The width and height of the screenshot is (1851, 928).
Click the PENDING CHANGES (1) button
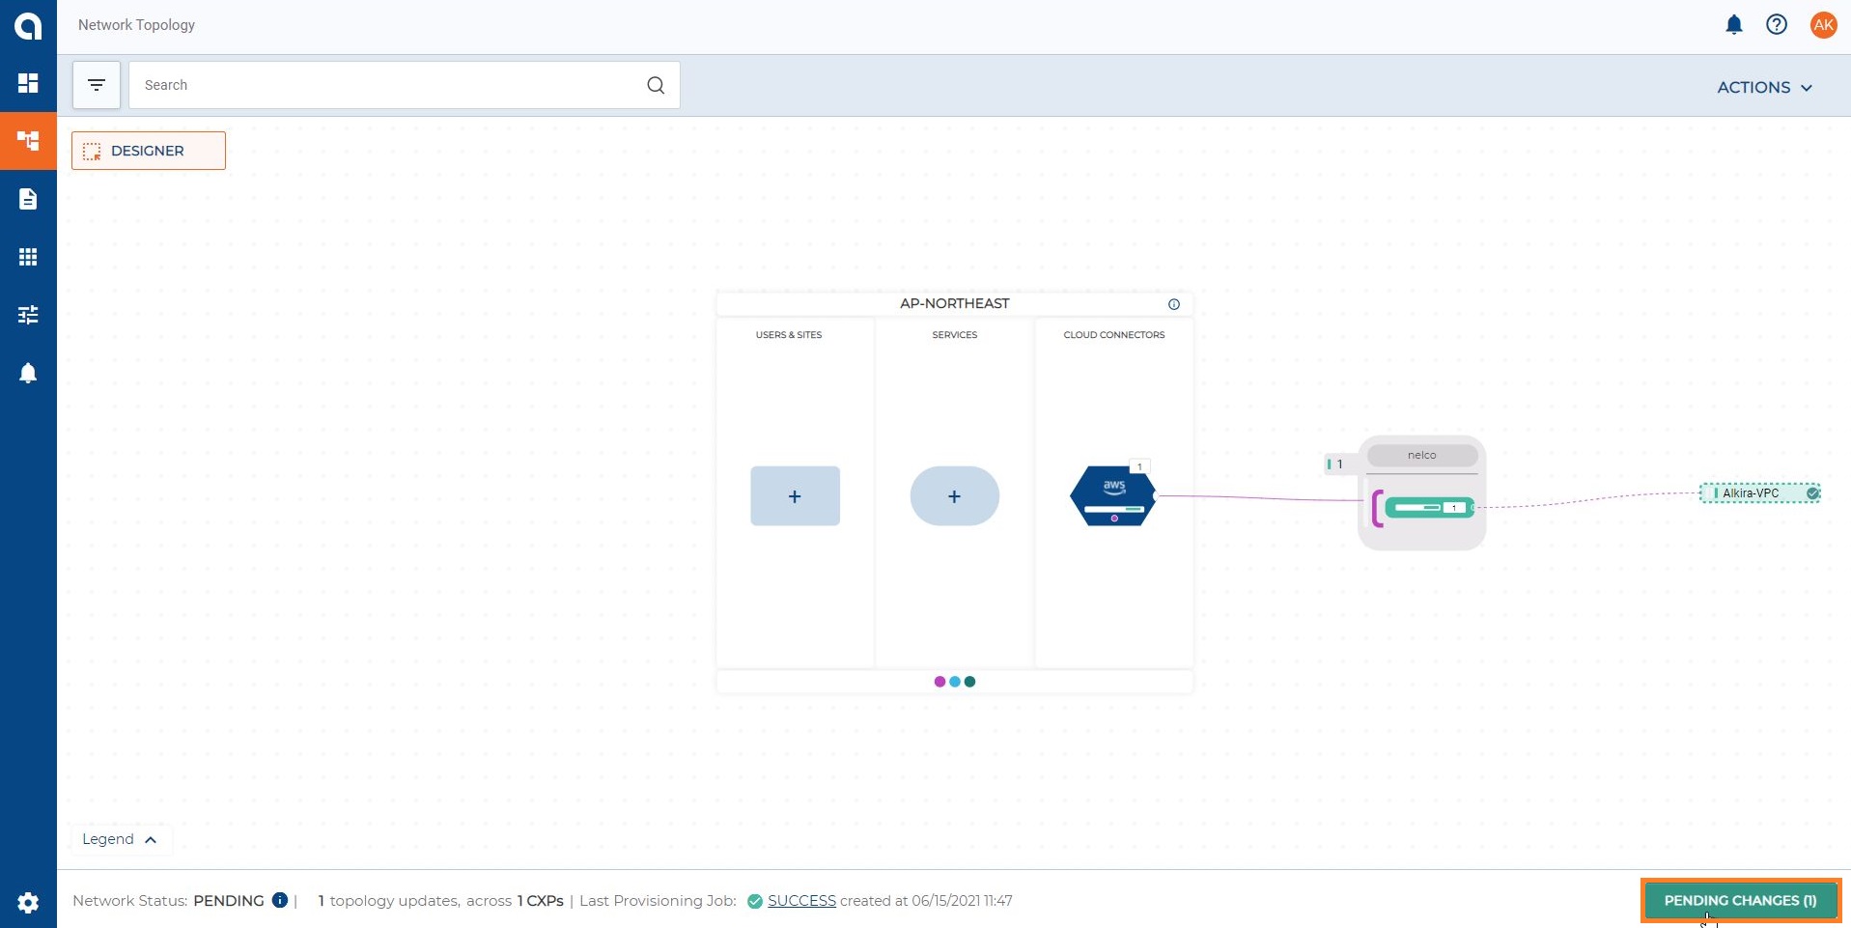[1740, 900]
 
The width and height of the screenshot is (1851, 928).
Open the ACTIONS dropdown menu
[1764, 87]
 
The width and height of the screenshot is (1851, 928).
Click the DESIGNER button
[149, 151]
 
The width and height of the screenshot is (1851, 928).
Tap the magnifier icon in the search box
[656, 85]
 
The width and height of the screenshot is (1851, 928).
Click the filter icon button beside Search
[97, 85]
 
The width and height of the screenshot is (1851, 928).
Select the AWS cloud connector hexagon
[1113, 496]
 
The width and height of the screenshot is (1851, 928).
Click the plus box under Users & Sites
[795, 496]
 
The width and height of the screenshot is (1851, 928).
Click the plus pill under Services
[954, 496]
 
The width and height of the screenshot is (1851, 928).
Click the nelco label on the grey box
[1421, 455]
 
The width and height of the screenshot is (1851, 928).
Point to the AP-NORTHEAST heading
[954, 303]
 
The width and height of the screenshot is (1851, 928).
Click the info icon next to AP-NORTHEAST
[1174, 304]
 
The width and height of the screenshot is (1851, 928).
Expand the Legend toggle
[121, 839]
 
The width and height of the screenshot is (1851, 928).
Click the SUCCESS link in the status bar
[801, 901]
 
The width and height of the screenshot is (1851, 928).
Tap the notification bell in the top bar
[1734, 25]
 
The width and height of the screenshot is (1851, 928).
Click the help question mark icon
[1777, 25]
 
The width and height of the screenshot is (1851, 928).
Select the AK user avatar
[1823, 25]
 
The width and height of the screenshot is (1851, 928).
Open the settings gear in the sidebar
[28, 902]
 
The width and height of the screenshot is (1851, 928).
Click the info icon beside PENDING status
[280, 900]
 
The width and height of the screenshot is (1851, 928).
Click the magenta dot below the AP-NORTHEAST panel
[940, 682]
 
